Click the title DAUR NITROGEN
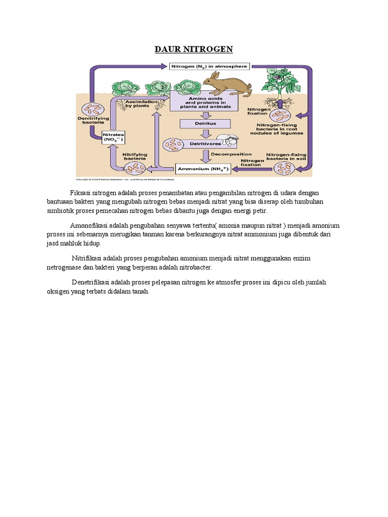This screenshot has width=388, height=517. [193, 49]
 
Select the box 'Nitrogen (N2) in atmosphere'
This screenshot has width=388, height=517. [209, 66]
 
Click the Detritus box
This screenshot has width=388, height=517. [205, 123]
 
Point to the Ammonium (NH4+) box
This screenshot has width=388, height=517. [203, 169]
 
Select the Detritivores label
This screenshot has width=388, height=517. [190, 144]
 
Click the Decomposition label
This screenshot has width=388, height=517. [231, 154]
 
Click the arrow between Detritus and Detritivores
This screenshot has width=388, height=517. [205, 133]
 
